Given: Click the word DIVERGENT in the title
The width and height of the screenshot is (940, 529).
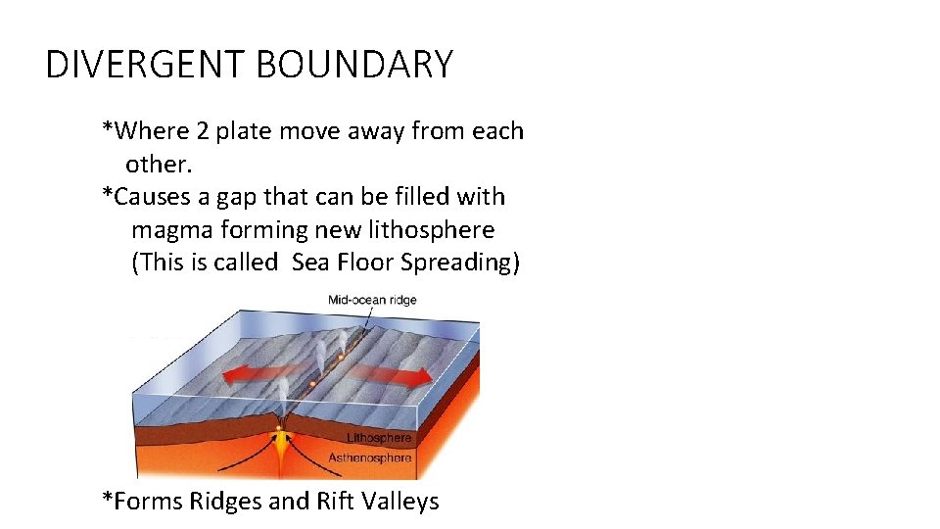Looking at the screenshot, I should click(146, 66).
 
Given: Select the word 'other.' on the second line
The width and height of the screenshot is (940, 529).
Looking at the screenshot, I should click(158, 164).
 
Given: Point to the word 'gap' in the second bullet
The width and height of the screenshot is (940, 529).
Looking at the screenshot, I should click(233, 197).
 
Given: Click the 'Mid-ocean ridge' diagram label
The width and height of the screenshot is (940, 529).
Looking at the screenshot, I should click(372, 300).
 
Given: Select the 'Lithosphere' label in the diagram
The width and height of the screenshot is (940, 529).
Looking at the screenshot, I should click(379, 438).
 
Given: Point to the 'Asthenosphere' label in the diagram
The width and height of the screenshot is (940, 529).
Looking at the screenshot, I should click(370, 457).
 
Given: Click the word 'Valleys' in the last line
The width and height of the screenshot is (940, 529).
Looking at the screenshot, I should click(400, 502).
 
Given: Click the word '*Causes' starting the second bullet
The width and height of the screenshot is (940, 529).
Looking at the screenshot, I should click(146, 197).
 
